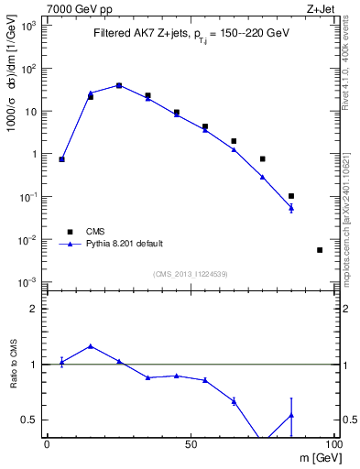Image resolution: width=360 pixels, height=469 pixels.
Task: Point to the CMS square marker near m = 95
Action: click(x=320, y=250)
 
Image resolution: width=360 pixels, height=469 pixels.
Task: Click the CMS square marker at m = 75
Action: click(x=262, y=159)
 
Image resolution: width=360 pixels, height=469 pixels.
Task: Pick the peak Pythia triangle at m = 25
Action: click(x=119, y=85)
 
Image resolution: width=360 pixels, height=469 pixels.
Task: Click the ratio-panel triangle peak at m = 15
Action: click(x=90, y=346)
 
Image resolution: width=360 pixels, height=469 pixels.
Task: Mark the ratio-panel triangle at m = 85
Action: click(x=291, y=415)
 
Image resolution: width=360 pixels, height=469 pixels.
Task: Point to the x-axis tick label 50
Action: click(x=191, y=443)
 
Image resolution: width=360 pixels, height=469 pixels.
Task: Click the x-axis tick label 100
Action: click(x=333, y=443)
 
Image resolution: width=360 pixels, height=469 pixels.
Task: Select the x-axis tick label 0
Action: click(x=48, y=443)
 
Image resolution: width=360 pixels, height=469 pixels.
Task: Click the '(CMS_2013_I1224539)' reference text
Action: click(x=191, y=274)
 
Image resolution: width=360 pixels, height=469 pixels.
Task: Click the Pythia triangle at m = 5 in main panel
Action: click(x=61, y=159)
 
